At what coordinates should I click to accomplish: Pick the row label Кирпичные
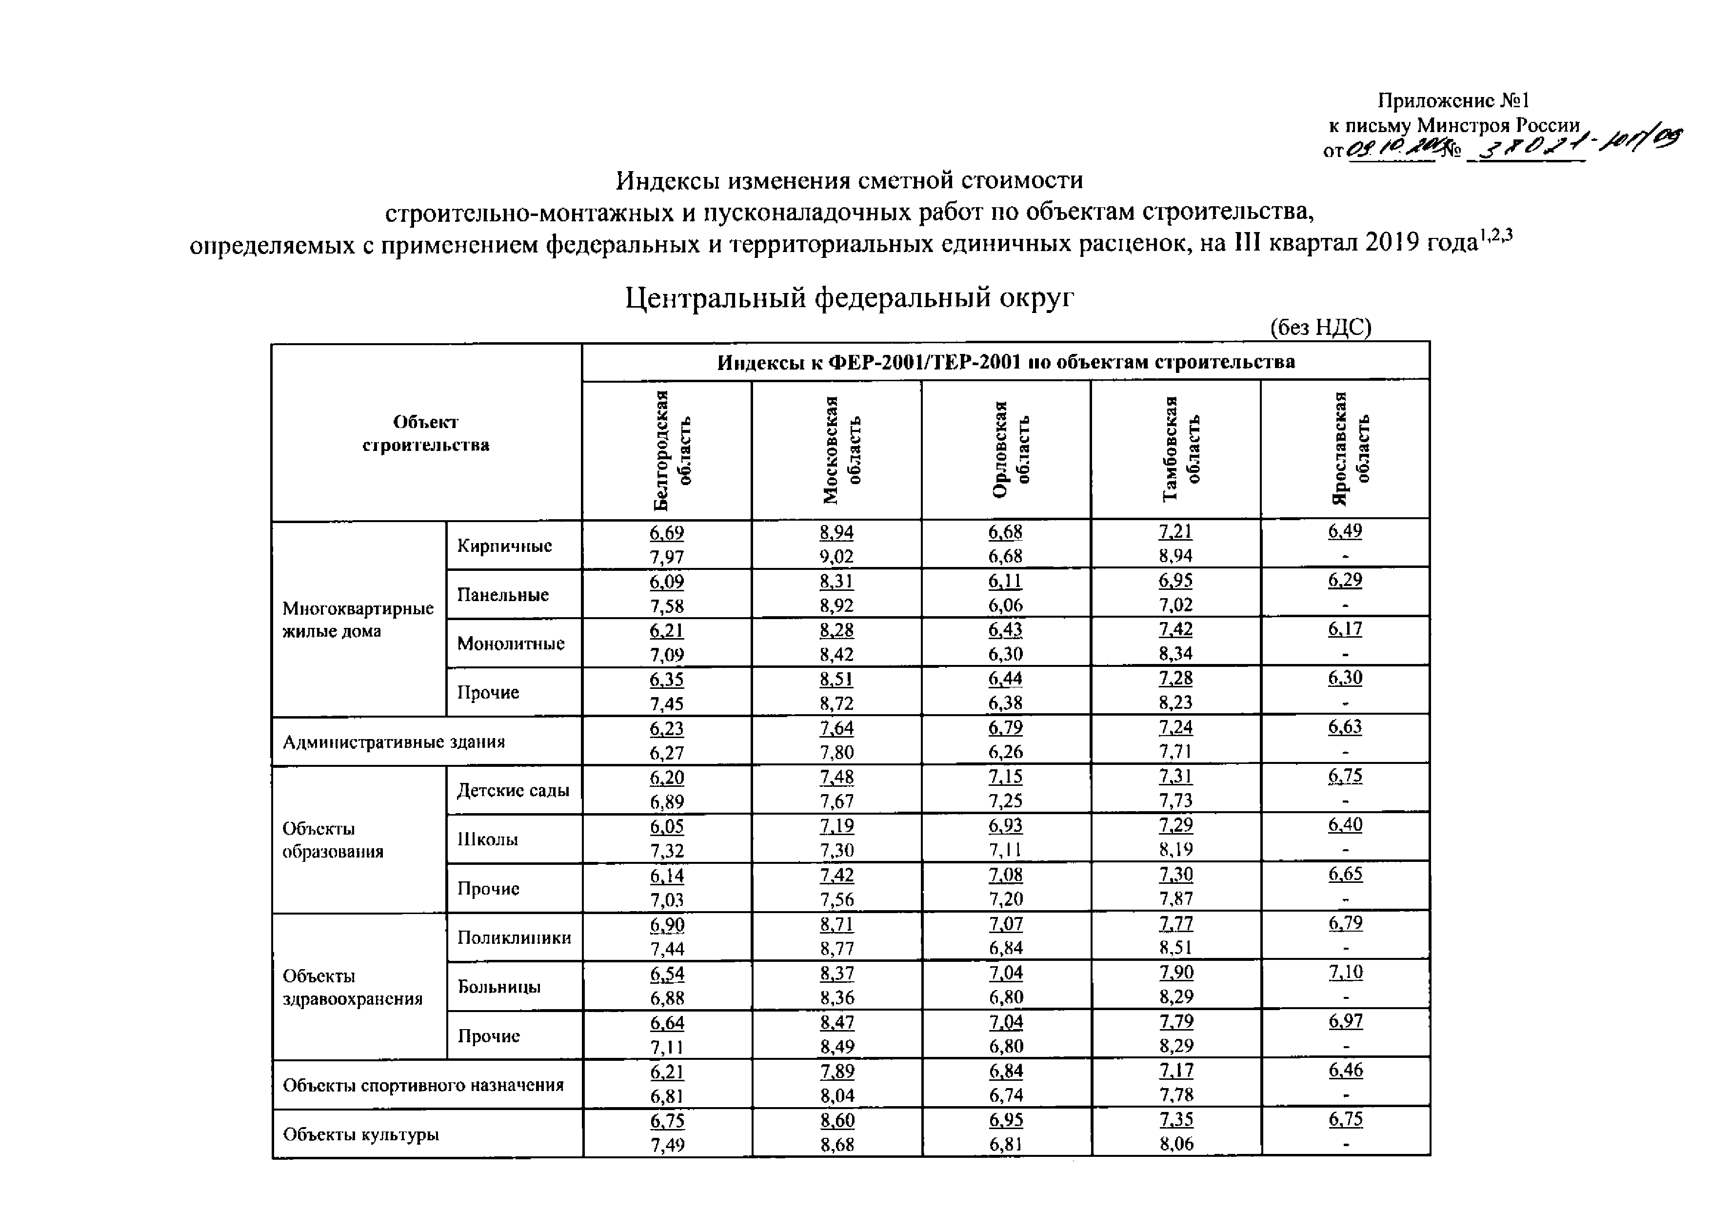click(504, 546)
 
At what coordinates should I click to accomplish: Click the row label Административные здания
click(394, 742)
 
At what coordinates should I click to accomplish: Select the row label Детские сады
click(513, 790)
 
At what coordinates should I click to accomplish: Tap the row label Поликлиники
click(514, 937)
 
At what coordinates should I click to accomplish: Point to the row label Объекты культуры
click(360, 1134)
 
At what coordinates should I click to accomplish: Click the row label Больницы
click(499, 986)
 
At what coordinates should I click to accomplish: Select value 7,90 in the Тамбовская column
click(1176, 972)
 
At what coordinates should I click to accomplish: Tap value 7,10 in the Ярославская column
click(1345, 972)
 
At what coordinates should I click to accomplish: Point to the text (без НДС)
click(1320, 327)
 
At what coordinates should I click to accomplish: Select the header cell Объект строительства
click(425, 433)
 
